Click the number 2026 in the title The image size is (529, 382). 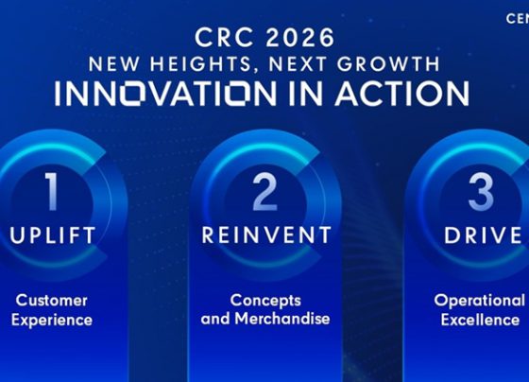300,38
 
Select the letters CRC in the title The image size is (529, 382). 224,38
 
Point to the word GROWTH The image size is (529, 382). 388,63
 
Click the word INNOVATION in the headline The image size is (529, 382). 165,93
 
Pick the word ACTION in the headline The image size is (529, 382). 401,93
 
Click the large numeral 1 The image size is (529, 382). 52,192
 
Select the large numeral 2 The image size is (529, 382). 264,192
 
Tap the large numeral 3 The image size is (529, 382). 481,192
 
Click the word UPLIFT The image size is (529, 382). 53,235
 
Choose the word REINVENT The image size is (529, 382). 266,235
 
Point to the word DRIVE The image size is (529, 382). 483,235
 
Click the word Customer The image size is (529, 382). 52,301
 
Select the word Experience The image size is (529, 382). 52,321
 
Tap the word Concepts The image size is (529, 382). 265,301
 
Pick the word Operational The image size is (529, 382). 480,301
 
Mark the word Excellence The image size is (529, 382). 480,320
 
